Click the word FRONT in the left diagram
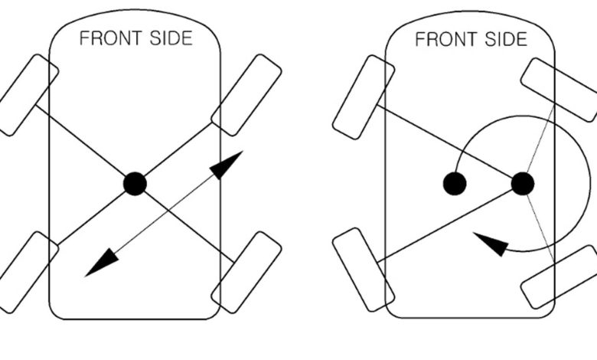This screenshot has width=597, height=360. click(x=112, y=38)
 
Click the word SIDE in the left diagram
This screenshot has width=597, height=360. click(x=171, y=38)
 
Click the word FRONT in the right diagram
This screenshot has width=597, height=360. click(x=446, y=39)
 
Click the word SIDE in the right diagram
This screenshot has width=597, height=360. click(x=506, y=39)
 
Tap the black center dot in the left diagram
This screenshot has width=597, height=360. click(x=135, y=184)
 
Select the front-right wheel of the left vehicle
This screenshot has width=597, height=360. click(x=246, y=95)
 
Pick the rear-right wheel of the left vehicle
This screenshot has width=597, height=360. click(x=246, y=272)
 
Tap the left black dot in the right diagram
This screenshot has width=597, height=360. click(x=455, y=184)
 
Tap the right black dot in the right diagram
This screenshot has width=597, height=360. click(x=523, y=184)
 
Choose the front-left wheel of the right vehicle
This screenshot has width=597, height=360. click(x=364, y=97)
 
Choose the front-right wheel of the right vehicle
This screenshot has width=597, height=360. click(x=559, y=90)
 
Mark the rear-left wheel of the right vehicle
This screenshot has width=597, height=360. click(x=364, y=270)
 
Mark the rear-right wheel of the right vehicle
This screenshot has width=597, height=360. click(x=559, y=277)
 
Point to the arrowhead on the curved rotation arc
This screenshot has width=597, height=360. click(x=491, y=244)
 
